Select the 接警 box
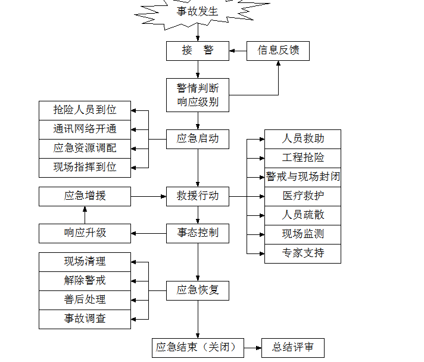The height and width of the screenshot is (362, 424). coord(197,51)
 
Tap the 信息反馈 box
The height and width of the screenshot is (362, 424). coord(278,51)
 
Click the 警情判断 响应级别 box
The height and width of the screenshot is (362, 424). coord(197,95)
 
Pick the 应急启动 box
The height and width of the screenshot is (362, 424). coord(197,139)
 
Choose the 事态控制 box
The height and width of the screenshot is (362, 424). coord(197,233)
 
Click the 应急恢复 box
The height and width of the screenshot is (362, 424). coord(197,290)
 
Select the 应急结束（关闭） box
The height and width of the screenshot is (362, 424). coord(197,347)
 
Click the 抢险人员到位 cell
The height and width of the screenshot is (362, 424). coord(85,110)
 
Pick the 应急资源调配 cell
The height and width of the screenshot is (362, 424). coord(85,148)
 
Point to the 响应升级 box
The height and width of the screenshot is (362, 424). coord(85,233)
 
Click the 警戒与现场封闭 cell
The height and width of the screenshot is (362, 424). coord(303,177)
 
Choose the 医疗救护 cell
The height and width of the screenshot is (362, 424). coord(303,196)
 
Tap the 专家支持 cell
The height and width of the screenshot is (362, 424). coord(303,253)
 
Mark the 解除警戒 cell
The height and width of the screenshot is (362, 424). coord(85,280)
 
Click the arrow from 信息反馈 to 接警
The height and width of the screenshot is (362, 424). coord(238,51)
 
